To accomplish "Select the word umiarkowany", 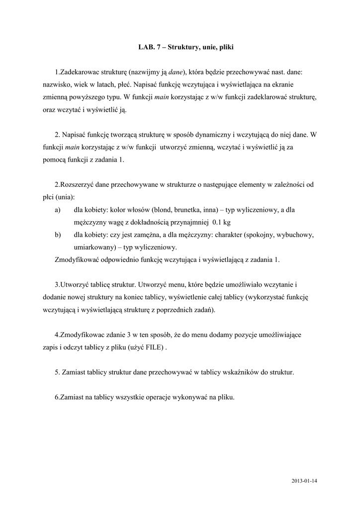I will point(93,247).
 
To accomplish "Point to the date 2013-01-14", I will point(304,481).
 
